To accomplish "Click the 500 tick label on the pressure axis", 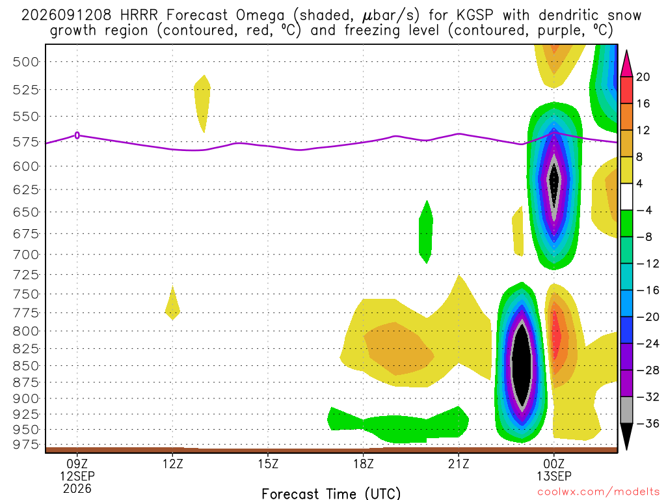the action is click(25, 62).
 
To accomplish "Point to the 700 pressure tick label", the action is click(25, 255).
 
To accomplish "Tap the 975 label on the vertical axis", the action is click(25, 444).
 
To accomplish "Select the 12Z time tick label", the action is click(172, 464).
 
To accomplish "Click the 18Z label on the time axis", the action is click(363, 464).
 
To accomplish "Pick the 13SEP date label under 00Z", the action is click(554, 476).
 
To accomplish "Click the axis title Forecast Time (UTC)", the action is click(331, 493).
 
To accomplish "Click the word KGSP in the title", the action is click(475, 15).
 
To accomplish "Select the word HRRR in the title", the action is click(139, 15).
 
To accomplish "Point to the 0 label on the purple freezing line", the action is click(77, 135).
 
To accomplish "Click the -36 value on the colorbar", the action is click(647, 423).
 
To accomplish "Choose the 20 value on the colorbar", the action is click(643, 77).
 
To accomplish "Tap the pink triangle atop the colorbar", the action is click(626, 64).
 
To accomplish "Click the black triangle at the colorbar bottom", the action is click(626, 436).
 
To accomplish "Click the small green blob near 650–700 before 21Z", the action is click(426, 232).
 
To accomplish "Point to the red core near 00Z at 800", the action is click(555, 334).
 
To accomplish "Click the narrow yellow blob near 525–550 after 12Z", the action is click(202, 102).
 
